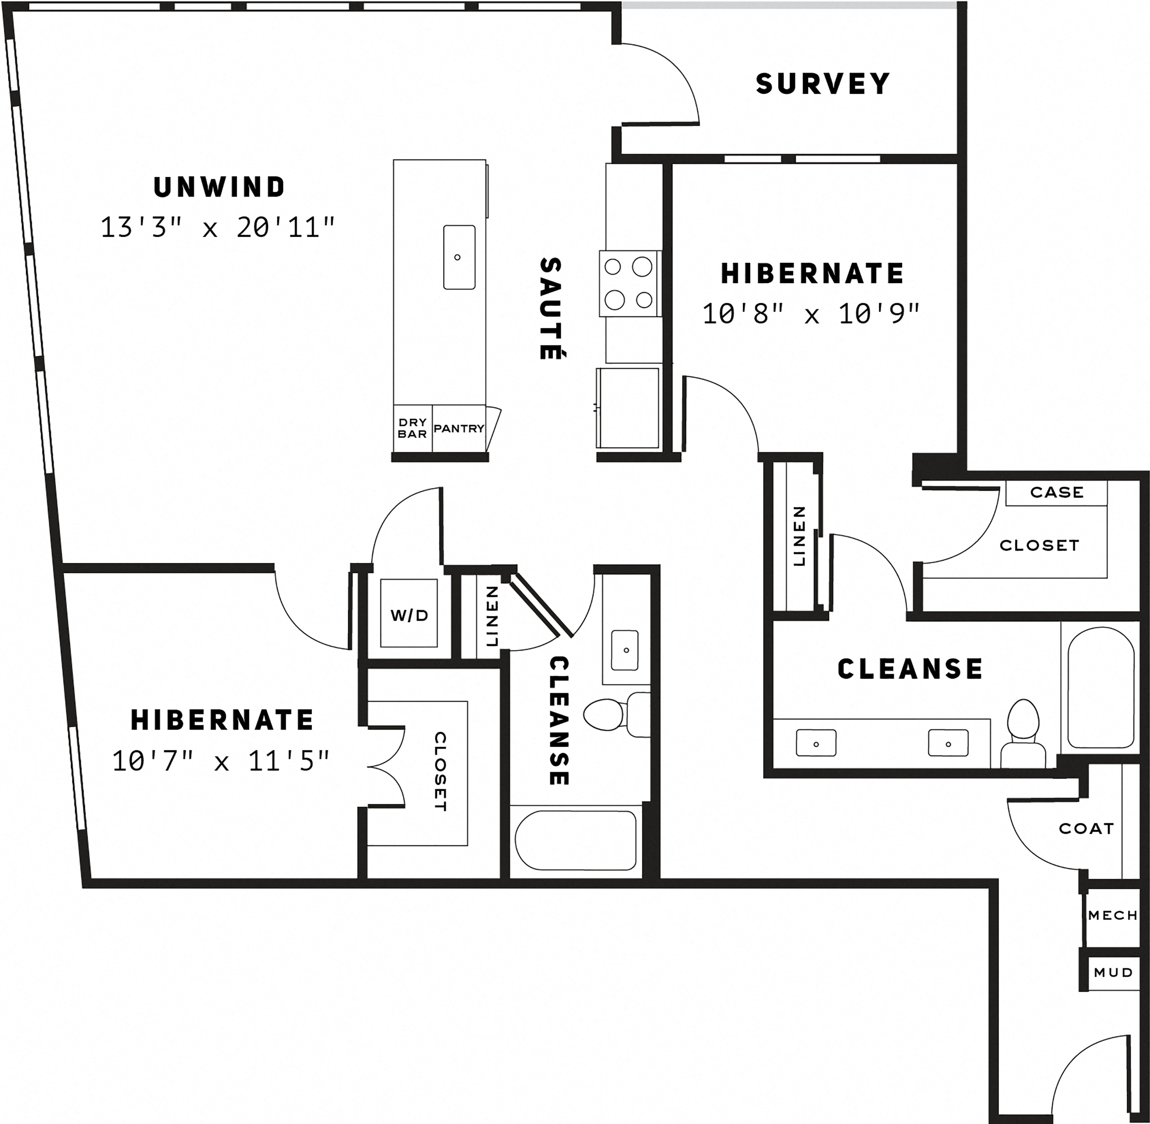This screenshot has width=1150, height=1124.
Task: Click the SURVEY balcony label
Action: click(x=822, y=84)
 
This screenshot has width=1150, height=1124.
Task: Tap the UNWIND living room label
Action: click(x=220, y=187)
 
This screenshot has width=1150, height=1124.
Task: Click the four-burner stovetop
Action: click(x=629, y=283)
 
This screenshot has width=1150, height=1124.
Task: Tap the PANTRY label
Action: click(x=459, y=429)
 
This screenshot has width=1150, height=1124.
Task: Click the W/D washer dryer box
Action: click(x=409, y=616)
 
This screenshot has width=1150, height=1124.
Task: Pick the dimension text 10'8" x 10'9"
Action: click(x=812, y=314)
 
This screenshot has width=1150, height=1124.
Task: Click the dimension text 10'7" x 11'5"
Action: click(x=221, y=761)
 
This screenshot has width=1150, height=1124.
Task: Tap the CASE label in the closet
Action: click(x=1057, y=492)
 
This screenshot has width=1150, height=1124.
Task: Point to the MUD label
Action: click(x=1113, y=972)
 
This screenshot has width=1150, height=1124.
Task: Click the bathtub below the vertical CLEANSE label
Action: click(x=576, y=840)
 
